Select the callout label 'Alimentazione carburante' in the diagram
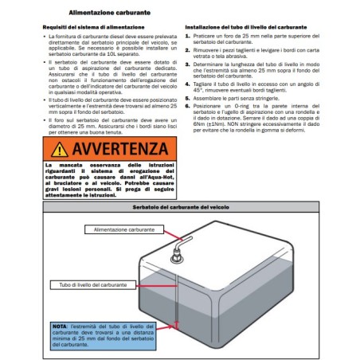click(123, 229)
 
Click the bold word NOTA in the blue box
click(60, 327)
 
